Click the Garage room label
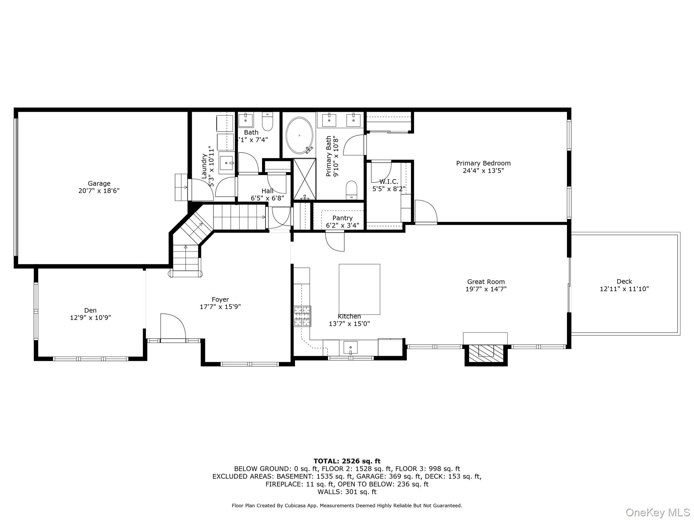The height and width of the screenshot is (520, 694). (x=99, y=183)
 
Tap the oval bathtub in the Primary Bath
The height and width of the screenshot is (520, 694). (x=299, y=135)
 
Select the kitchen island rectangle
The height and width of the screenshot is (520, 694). (x=359, y=289)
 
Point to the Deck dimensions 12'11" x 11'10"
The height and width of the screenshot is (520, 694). (x=624, y=289)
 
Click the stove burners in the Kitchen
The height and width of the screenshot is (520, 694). (x=302, y=316)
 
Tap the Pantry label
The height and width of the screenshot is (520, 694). (x=342, y=218)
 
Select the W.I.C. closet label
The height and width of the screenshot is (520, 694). (x=389, y=181)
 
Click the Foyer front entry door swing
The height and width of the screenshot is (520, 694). (x=173, y=326)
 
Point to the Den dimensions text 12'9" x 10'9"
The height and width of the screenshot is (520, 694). (x=90, y=318)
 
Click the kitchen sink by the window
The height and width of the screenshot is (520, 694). (x=350, y=347)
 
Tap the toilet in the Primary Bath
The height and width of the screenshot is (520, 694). (x=352, y=190)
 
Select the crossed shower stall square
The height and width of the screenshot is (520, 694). (x=304, y=179)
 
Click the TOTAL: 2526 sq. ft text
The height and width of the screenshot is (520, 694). (x=347, y=461)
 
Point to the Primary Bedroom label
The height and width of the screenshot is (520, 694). (x=483, y=163)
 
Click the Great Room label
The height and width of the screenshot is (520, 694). (x=486, y=282)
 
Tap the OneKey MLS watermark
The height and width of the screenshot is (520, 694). (x=657, y=512)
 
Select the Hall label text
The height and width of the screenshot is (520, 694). (x=267, y=191)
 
